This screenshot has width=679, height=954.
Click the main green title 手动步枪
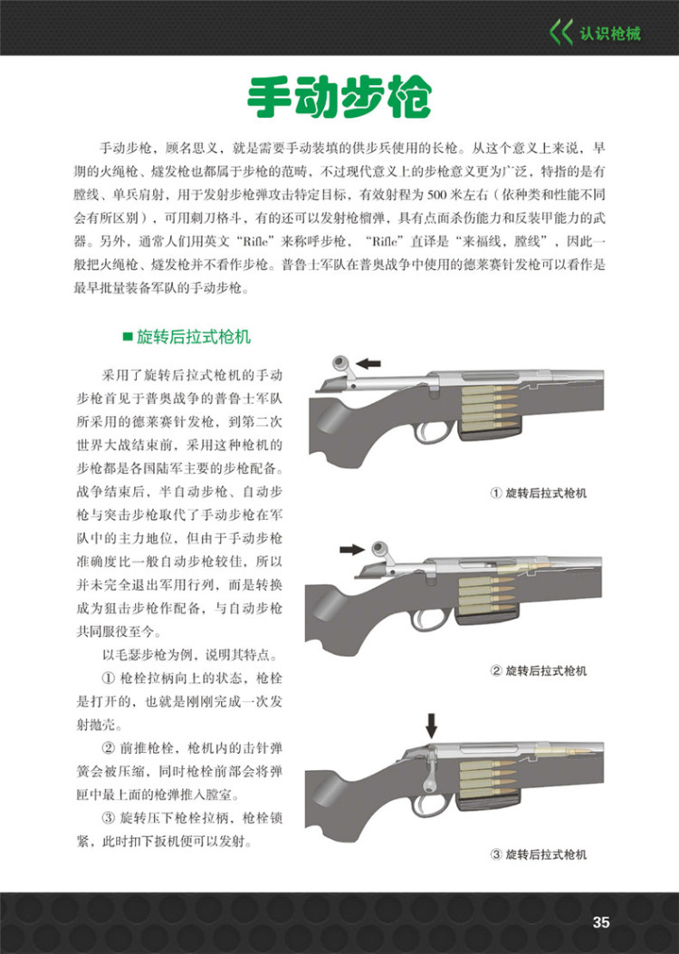tap(339, 97)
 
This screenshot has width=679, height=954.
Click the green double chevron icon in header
tap(561, 34)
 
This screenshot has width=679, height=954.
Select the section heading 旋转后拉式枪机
tap(194, 337)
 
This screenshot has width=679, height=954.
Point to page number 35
tap(601, 922)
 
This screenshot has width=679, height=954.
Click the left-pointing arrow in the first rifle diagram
tap(368, 362)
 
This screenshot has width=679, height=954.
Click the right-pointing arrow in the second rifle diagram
tap(349, 549)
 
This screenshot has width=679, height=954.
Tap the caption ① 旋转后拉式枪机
tap(539, 493)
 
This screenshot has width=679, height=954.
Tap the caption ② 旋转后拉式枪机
tap(539, 671)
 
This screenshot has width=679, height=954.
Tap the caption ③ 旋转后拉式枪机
tap(539, 854)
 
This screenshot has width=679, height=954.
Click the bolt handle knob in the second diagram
tap(379, 549)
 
